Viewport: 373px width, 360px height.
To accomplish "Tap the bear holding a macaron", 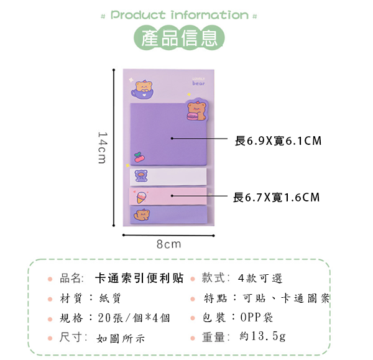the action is (195, 111).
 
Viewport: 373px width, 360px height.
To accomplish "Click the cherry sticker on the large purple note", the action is (138, 156).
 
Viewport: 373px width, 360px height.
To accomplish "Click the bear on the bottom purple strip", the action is (143, 215).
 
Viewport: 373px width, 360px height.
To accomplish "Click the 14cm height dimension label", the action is (101, 147).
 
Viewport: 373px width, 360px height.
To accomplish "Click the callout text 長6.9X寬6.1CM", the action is (278, 141).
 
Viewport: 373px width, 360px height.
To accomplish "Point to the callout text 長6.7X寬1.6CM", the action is (276, 198).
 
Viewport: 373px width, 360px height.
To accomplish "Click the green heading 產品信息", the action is (179, 39).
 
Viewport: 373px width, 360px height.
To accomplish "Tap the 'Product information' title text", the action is (179, 15).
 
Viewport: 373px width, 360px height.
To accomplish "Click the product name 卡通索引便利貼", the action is (140, 278).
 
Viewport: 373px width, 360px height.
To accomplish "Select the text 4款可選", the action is (260, 278).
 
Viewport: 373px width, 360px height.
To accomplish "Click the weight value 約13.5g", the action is (263, 336).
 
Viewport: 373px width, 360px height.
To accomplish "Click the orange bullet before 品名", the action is (50, 279).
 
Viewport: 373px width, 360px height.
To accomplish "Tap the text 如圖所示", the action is (121, 338).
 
